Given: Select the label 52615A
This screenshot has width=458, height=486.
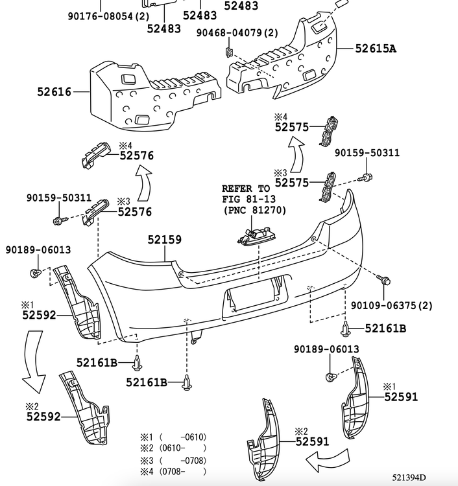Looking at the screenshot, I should [x=376, y=47].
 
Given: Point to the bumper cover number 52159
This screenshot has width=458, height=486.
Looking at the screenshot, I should [x=164, y=240].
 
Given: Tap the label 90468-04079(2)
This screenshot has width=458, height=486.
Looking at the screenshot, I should [x=237, y=32].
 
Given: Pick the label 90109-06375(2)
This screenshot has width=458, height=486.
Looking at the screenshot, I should [x=391, y=305].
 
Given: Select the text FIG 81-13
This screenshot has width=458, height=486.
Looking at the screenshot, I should [x=246, y=200].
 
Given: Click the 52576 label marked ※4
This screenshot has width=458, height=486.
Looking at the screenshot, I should [x=136, y=155].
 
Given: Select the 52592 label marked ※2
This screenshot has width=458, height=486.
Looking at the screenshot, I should [x=43, y=417].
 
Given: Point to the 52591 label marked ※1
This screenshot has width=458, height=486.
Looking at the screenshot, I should [x=401, y=397].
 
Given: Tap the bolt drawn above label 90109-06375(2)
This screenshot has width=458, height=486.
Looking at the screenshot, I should [x=385, y=281].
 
